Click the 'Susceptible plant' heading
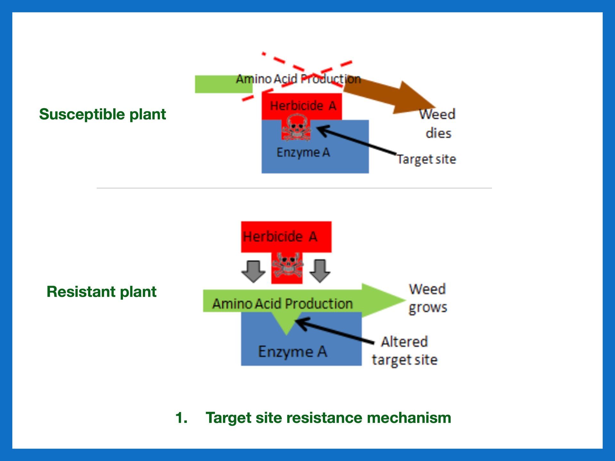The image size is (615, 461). [x=102, y=114]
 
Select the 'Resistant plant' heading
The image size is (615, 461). [x=102, y=292]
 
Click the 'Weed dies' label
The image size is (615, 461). [x=438, y=124]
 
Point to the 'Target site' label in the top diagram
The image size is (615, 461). [x=426, y=159]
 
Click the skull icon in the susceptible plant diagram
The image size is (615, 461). [x=296, y=128]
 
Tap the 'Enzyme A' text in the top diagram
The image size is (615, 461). [x=303, y=152]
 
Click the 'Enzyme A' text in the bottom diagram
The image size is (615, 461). [x=292, y=352]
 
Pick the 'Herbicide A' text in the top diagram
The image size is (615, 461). [x=303, y=106]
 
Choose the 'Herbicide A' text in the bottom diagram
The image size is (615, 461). [x=280, y=237]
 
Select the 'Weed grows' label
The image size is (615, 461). [x=428, y=298]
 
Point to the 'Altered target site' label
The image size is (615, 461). [x=405, y=351]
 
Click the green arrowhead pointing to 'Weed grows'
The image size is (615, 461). [x=383, y=300]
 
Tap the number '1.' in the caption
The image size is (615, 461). [x=181, y=418]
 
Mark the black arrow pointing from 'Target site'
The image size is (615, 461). [x=356, y=141]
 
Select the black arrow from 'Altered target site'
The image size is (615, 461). [x=335, y=331]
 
